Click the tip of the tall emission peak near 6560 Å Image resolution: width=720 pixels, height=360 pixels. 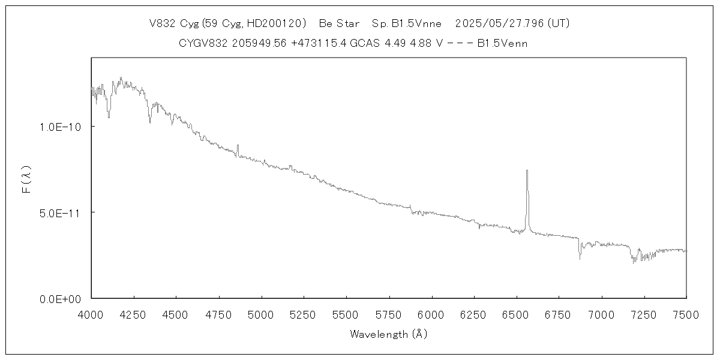click(x=527, y=171)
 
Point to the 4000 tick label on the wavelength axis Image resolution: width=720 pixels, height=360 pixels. click(x=91, y=314)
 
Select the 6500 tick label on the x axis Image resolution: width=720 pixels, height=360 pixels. click(x=516, y=314)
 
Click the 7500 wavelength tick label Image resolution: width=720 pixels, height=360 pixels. click(x=686, y=314)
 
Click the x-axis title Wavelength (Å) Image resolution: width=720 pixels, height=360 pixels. click(x=388, y=334)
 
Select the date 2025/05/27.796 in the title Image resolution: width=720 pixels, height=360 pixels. click(x=497, y=23)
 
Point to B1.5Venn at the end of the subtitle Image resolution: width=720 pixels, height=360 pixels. click(x=502, y=43)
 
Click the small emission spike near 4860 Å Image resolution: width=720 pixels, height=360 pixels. click(x=238, y=145)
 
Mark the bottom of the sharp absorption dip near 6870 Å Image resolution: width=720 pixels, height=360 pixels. click(x=580, y=259)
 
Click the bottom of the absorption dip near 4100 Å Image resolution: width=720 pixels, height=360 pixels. click(x=109, y=117)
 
